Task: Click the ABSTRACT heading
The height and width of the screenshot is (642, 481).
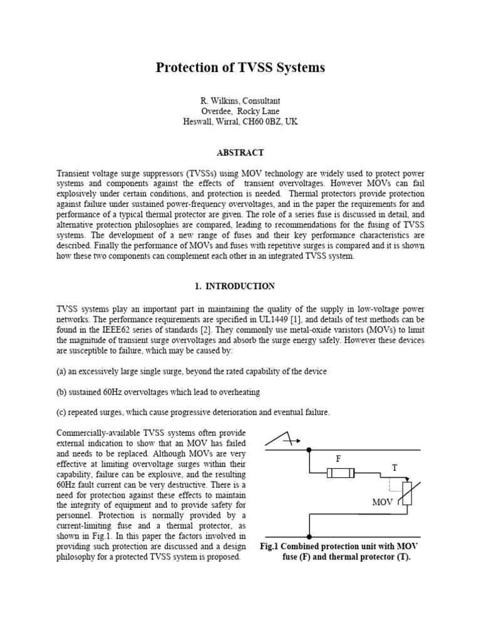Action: pyautogui.click(x=240, y=152)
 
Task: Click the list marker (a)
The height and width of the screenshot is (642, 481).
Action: pyautogui.click(x=61, y=371)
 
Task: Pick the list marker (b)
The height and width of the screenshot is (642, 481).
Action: pyautogui.click(x=61, y=392)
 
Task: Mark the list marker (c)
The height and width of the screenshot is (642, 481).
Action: pyautogui.click(x=61, y=412)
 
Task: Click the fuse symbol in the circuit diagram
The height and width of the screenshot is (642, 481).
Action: pyautogui.click(x=341, y=473)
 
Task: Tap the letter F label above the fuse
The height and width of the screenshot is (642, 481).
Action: pyautogui.click(x=338, y=459)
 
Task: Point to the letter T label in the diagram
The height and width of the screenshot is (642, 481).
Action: pyautogui.click(x=395, y=468)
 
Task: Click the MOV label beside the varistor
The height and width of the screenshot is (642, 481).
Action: pyautogui.click(x=382, y=502)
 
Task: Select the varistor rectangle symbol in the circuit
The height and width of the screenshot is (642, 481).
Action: pyautogui.click(x=406, y=495)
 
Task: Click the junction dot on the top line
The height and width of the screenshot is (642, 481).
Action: pyautogui.click(x=309, y=450)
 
